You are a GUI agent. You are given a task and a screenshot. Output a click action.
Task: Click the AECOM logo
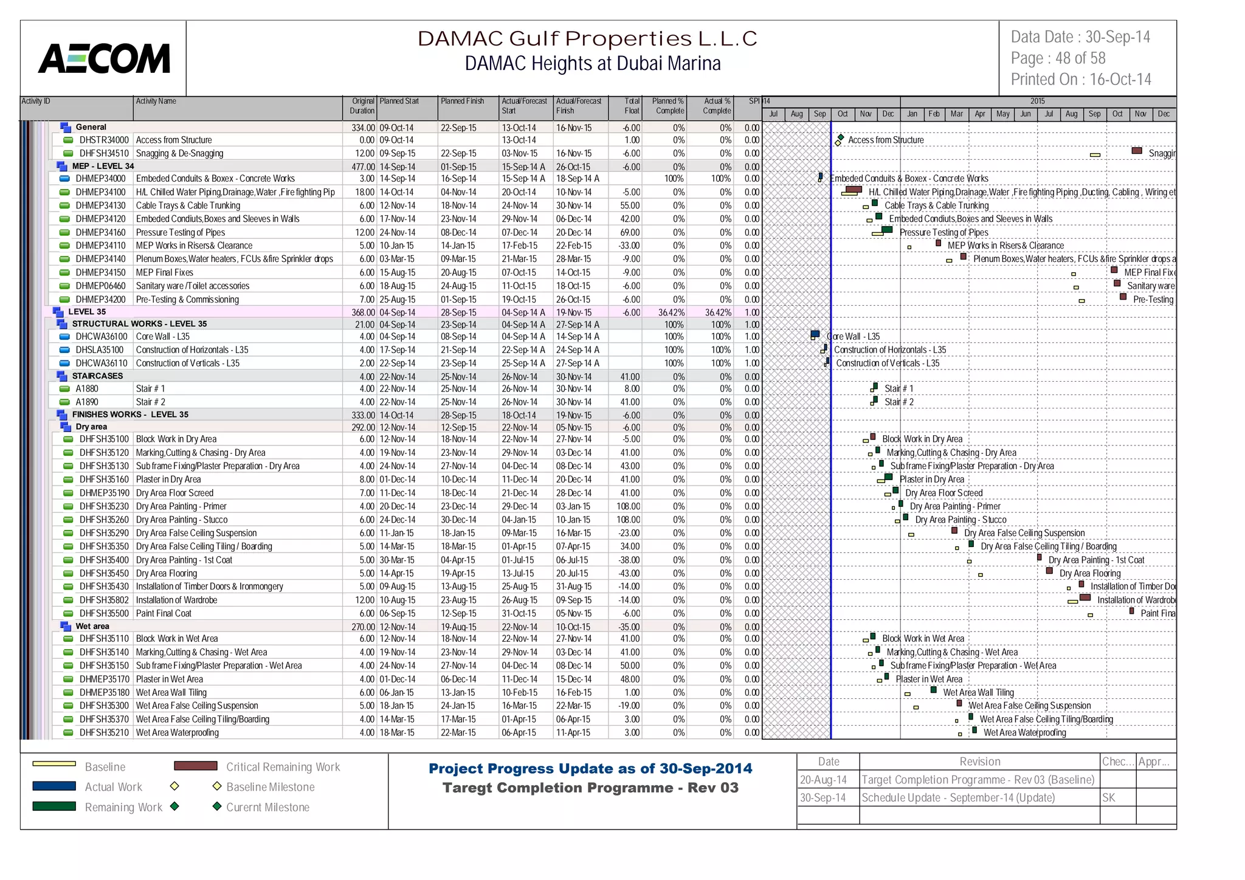pyautogui.click(x=104, y=58)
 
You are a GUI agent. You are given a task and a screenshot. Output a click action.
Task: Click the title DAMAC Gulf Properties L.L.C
pyautogui.click(x=587, y=39)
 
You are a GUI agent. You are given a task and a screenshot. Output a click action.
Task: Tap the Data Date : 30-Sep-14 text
pyautogui.click(x=1080, y=37)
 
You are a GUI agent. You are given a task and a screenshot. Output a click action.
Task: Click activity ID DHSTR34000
pyautogui.click(x=104, y=140)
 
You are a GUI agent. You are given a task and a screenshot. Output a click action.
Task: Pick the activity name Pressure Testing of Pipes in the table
pyautogui.click(x=181, y=233)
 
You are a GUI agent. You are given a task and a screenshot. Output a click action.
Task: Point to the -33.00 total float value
pyautogui.click(x=629, y=246)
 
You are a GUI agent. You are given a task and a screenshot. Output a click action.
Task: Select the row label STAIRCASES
pyautogui.click(x=97, y=376)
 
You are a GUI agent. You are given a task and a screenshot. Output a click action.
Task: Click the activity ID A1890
pyautogui.click(x=87, y=402)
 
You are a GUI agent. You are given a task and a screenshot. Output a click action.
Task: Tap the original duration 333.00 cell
pyautogui.click(x=363, y=415)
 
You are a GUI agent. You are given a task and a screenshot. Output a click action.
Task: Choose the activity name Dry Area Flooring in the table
pyautogui.click(x=167, y=574)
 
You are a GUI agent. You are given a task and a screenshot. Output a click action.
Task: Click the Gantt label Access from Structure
pyautogui.click(x=886, y=140)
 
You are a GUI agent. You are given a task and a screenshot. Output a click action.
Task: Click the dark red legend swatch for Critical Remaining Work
pyautogui.click(x=195, y=766)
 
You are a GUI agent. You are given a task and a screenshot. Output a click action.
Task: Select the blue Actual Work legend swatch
pyautogui.click(x=54, y=786)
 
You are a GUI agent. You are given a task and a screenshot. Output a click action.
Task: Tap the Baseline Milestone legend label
pyautogui.click(x=270, y=787)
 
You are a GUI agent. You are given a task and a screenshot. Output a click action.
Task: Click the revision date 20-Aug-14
pyautogui.click(x=823, y=780)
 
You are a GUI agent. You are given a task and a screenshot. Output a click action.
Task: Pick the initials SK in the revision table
pyautogui.click(x=1108, y=798)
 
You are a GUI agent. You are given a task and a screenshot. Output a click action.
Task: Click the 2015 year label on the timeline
pyautogui.click(x=1037, y=101)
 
